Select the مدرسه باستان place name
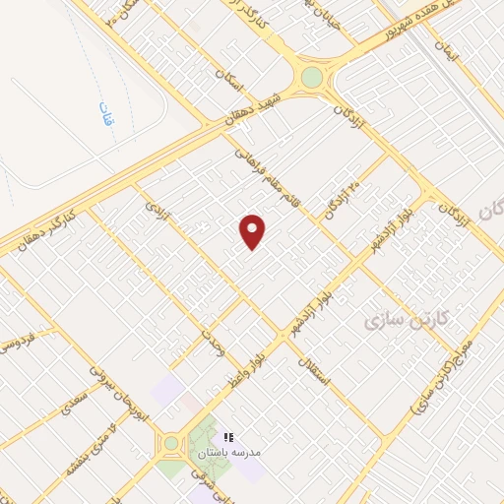coord(228,453)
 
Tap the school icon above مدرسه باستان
coord(227,437)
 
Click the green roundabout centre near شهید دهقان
coord(311,77)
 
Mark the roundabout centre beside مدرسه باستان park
coord(172,443)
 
